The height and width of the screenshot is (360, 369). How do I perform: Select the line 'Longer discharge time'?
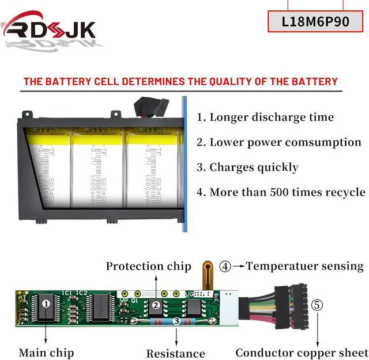coord(265,118)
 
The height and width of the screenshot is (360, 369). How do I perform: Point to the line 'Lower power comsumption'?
coord(279,142)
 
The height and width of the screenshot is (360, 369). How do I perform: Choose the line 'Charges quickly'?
coord(247,168)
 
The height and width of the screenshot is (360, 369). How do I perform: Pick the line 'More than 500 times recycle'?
coord(281,192)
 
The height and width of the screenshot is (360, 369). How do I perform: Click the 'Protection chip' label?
coord(148,266)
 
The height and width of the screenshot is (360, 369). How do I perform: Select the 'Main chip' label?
coord(46,352)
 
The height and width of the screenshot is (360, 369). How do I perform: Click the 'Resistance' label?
coord(176,353)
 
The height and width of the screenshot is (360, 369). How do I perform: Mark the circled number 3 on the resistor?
coord(176,320)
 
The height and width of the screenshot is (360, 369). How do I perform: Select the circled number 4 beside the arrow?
coord(225,267)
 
